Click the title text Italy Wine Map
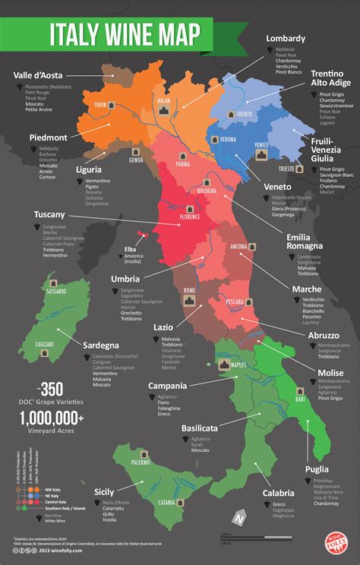pyautogui.click(x=125, y=35)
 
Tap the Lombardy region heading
pyautogui.click(x=286, y=39)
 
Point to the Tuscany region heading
pyautogui.click(x=49, y=215)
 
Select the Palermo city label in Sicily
pyautogui.click(x=140, y=462)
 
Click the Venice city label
pyautogui.click(x=261, y=144)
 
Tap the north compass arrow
pyautogui.click(x=239, y=520)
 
